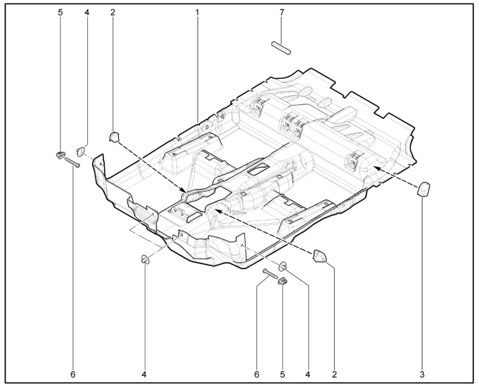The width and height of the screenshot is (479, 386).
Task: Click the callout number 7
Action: click(x=282, y=12)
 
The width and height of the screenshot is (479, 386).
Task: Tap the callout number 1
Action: click(x=197, y=12)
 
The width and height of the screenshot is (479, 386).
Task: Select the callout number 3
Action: click(x=422, y=374)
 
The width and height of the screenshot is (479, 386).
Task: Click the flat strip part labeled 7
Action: click(x=281, y=48)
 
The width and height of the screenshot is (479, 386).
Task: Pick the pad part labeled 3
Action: click(x=424, y=189)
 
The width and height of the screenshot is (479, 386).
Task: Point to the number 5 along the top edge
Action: click(x=60, y=12)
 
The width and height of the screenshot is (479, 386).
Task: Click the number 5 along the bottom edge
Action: click(x=282, y=374)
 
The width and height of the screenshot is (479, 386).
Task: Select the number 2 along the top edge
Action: click(x=113, y=12)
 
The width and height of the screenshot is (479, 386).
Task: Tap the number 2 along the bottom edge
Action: click(x=335, y=374)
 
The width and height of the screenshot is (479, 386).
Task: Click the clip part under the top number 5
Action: click(x=60, y=154)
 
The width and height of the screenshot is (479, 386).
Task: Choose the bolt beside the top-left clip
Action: click(x=72, y=162)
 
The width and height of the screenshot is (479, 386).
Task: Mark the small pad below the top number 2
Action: click(x=114, y=136)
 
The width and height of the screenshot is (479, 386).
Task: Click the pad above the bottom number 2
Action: click(x=319, y=255)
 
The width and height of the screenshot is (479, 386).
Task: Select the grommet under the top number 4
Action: click(x=81, y=151)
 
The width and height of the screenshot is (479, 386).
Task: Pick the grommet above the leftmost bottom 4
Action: click(x=144, y=260)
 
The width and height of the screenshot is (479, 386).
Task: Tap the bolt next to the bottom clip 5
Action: click(x=270, y=273)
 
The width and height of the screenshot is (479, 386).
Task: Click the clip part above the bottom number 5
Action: click(x=282, y=281)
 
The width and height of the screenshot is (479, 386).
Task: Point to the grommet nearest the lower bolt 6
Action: click(x=283, y=266)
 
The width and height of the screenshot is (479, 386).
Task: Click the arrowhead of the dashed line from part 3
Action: click(x=376, y=168)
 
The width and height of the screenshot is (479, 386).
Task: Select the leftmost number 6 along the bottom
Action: click(x=73, y=374)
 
